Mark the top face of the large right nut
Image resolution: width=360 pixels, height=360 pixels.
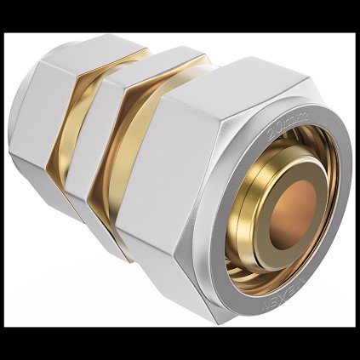coord(221,85)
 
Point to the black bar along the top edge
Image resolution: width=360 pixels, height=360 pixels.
coord(180,15)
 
